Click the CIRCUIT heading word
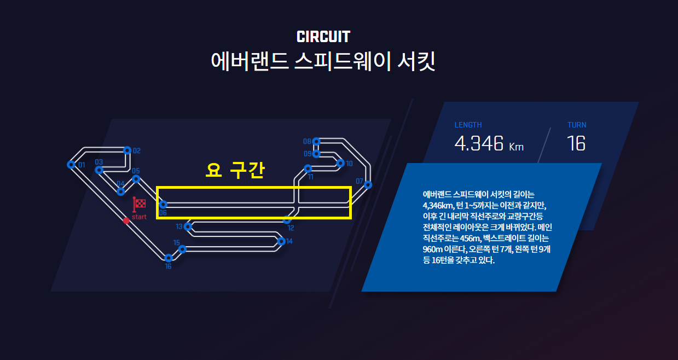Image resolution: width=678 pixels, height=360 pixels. tap(323, 37)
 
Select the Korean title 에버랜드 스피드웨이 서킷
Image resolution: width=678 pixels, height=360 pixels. tap(323, 61)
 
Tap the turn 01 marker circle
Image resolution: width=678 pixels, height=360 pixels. tap(71, 164)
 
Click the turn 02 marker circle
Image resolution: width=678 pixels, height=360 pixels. tap(128, 150)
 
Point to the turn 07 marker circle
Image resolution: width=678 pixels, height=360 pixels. tap(368, 184)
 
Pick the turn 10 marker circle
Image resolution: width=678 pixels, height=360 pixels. tap(340, 163)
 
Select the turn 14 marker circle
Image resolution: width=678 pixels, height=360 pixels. tap(281, 241)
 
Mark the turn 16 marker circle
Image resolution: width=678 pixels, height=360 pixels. tap(169, 258)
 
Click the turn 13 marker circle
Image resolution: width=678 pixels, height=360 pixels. tap(188, 226)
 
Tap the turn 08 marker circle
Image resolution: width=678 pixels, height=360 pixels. tap(316, 141)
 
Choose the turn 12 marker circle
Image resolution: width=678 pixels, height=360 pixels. tap(287, 220)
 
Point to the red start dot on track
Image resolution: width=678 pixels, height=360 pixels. tap(126, 220)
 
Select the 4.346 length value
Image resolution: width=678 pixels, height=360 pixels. tap(479, 143)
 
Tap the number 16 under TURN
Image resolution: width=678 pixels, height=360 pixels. tap(576, 143)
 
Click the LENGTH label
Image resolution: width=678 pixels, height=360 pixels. tap(468, 125)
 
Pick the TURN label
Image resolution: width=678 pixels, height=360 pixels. tap(577, 125)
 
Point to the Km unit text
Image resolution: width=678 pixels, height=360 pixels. tap(516, 147)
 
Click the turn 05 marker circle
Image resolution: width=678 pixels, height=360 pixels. tap(136, 178)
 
